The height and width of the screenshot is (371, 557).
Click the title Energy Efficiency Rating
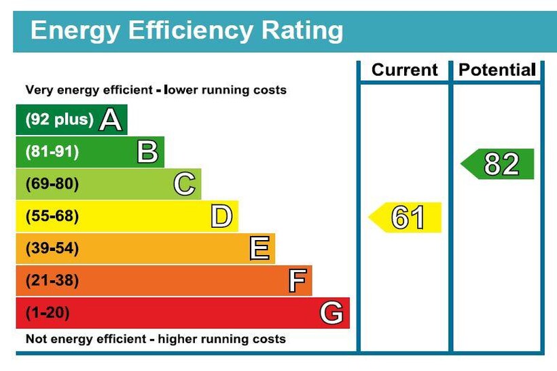tap(187, 31)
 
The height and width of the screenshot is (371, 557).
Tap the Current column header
tap(405, 70)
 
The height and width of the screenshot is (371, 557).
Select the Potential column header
tap(497, 70)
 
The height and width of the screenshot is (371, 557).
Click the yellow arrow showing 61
tap(406, 218)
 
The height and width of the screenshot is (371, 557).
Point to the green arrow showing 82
tap(499, 164)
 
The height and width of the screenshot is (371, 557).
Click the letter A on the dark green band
tap(111, 120)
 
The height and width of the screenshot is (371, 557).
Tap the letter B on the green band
tap(147, 152)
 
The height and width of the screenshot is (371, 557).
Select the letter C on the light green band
tap(184, 184)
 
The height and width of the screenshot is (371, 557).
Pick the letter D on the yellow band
tap(221, 216)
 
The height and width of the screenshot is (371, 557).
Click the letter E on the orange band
tap(259, 249)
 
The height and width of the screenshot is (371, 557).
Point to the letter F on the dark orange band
tap(297, 281)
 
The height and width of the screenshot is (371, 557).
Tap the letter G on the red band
tap(331, 313)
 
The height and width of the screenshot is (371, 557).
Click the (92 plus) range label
tap(59, 120)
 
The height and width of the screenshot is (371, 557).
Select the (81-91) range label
tap(52, 152)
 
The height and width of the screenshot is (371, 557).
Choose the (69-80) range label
tap(52, 184)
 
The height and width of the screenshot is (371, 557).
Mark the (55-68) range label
tap(52, 216)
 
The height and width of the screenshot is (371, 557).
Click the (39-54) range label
tap(52, 249)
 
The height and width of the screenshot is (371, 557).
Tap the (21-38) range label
tap(52, 281)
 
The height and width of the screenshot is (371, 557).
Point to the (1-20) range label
tap(48, 313)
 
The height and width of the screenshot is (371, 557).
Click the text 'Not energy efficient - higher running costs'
tap(156, 339)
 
